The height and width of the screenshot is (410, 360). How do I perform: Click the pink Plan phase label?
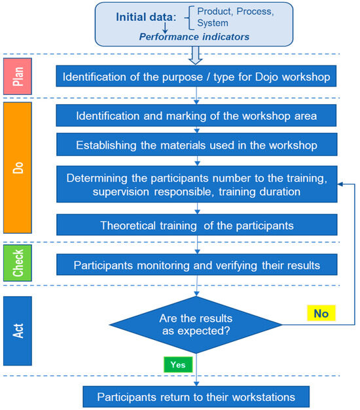pyautogui.click(x=18, y=77)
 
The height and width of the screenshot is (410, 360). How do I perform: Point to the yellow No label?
pyautogui.click(x=321, y=313)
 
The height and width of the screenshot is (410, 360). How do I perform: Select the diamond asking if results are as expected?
pyautogui.click(x=197, y=324)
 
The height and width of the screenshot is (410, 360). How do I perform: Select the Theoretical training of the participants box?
pyautogui.click(x=197, y=225)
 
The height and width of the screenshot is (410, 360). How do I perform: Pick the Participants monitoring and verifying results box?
pyautogui.click(x=197, y=265)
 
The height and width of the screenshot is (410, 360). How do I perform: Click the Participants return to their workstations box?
pyautogui.click(x=197, y=397)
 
